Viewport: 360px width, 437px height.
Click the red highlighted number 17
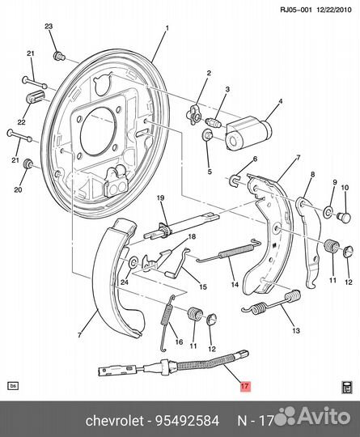245,386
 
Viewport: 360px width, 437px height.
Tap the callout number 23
49,27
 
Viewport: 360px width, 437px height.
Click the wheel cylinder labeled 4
248,133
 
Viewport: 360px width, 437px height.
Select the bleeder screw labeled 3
213,122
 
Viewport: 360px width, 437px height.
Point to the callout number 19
160,198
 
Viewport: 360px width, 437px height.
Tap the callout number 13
296,330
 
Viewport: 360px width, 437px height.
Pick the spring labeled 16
167,323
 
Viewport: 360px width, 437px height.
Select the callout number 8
312,175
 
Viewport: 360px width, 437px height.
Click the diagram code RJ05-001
296,10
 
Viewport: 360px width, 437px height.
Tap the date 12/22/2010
334,10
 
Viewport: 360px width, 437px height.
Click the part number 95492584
187,420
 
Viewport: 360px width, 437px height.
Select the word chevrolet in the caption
115,420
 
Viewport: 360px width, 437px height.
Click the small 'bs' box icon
14,386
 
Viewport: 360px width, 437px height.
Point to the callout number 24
125,282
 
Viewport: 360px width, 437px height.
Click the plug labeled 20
28,163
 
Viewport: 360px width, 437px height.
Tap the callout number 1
167,28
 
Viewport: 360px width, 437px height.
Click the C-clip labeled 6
235,180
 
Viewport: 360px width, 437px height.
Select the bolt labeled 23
59,56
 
